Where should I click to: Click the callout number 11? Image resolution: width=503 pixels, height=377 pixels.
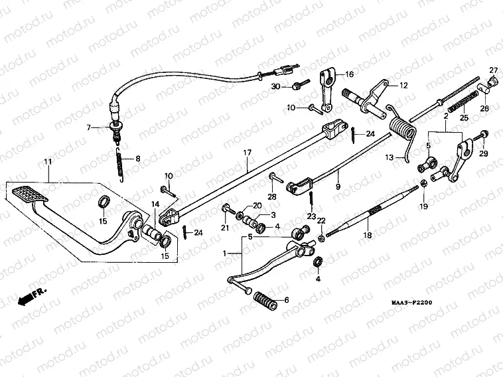point(48,162)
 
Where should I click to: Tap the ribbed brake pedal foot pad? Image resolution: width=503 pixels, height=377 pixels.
point(30,197)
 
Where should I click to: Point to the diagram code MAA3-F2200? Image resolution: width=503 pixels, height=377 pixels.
point(411,303)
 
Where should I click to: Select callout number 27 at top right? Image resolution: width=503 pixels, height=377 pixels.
point(493,70)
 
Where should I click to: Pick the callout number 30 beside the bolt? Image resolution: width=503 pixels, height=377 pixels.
point(276,87)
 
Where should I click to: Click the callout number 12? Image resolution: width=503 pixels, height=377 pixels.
point(403,86)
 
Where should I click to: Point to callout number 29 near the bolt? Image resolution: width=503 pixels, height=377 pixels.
point(482,153)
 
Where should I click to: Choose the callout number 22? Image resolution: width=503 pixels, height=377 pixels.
point(321,220)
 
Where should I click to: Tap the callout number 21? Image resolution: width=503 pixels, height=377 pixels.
point(224,228)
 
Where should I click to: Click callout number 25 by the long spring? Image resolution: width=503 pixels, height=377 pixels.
point(465,117)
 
